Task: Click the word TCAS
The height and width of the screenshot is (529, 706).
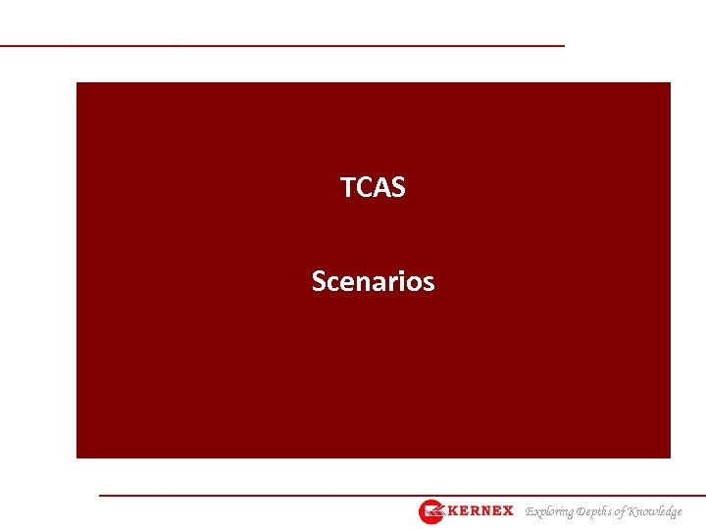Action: point(373,187)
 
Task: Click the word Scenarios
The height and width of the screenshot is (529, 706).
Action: point(373,282)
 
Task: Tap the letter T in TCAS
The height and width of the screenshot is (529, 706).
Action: point(347,187)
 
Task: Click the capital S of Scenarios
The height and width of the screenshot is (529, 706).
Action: point(319,282)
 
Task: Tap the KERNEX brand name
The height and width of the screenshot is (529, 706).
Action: point(480,511)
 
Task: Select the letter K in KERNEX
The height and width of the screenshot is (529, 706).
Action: point(454,511)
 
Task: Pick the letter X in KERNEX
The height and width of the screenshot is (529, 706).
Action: point(507,511)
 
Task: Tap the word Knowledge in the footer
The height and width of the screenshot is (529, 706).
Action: point(656,511)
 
